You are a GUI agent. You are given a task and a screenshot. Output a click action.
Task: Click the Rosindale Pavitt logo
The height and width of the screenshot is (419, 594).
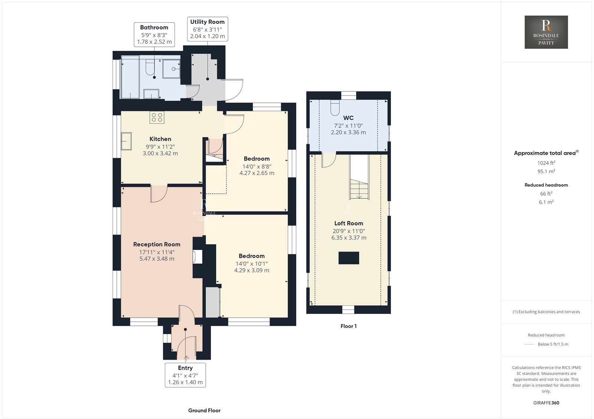546,32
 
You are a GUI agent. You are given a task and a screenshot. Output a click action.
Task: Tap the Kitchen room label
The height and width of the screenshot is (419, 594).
160,139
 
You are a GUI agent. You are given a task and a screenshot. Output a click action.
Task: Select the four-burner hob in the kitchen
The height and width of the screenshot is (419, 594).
157,118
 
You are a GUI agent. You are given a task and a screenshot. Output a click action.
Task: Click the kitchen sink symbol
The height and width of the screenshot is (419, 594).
126,141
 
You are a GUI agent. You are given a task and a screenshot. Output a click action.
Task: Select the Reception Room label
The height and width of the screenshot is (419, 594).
157,244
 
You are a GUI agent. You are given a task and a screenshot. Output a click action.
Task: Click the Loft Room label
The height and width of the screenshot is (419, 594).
349,223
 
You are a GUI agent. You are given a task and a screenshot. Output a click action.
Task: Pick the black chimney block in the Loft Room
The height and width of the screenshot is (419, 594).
349,258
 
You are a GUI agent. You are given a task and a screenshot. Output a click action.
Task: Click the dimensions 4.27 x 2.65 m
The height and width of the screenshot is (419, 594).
257,173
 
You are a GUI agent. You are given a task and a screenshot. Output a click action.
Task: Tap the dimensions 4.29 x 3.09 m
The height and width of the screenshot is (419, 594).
251,270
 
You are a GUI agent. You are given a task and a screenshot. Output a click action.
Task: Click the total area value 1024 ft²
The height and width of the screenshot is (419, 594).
546,163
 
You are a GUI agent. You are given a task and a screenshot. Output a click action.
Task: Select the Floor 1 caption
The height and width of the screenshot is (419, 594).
348,326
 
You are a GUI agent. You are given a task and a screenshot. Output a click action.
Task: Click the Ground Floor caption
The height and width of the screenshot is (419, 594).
204,410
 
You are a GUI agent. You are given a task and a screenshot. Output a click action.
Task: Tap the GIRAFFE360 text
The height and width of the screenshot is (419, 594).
546,403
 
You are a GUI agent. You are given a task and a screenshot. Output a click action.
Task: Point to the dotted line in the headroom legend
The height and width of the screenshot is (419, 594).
529,344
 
